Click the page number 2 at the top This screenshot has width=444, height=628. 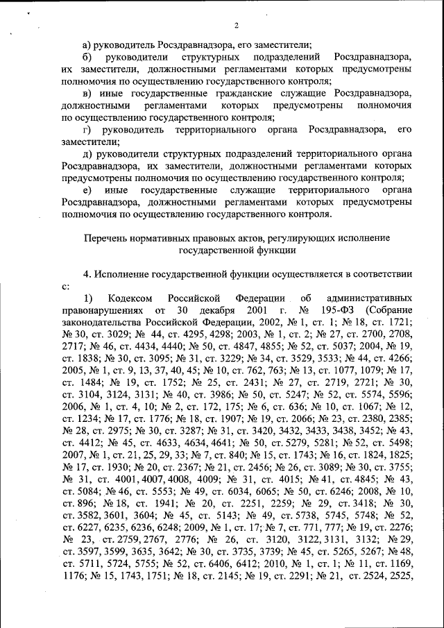pos(236,26)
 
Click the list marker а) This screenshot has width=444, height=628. pos(87,44)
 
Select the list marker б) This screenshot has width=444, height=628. pos(87,57)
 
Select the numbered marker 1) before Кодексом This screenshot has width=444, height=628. pos(87,298)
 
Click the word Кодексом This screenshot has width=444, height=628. pos(131,298)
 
